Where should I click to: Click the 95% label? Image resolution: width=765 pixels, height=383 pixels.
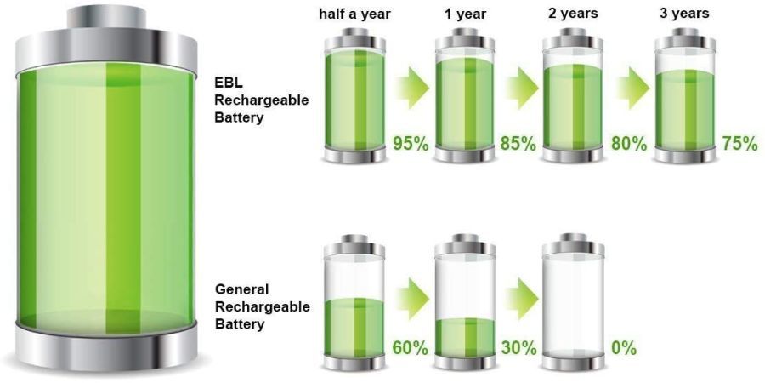[409, 143]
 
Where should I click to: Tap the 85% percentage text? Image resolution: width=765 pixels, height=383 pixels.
[518, 143]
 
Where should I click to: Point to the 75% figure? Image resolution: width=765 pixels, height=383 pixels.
[739, 143]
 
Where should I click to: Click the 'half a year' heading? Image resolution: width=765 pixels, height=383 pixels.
[354, 13]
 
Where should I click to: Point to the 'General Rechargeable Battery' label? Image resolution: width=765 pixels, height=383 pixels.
[262, 304]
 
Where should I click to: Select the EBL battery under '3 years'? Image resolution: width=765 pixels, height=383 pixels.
[684, 95]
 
